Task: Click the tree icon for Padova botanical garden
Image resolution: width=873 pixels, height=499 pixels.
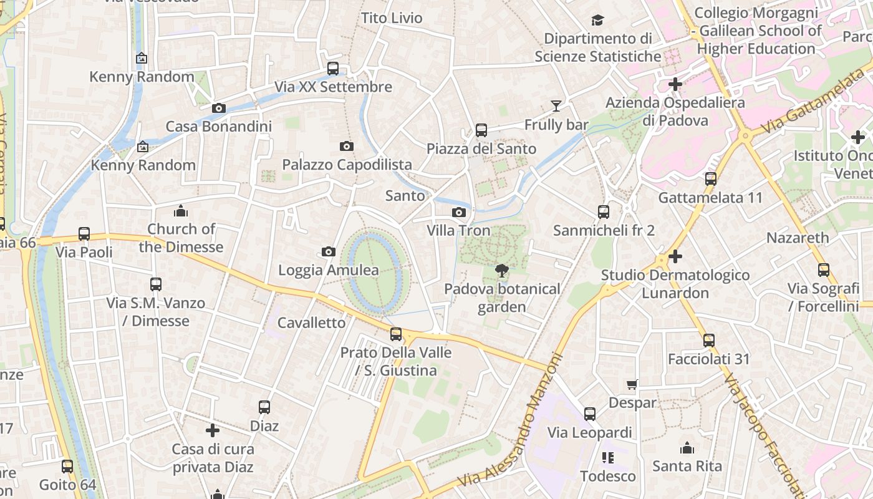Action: tap(501, 270)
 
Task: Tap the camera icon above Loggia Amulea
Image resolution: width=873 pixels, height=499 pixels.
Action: tap(329, 251)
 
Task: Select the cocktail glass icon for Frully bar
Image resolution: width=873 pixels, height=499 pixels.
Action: tap(556, 106)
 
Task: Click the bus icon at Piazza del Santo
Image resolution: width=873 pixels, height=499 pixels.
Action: tap(481, 130)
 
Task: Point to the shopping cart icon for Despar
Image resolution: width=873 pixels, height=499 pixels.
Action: tap(632, 384)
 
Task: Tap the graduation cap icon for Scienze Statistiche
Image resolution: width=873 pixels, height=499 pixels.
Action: tap(597, 20)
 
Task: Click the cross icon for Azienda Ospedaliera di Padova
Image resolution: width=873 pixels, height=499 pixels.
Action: tap(675, 84)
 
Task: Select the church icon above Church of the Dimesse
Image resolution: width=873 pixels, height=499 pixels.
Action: tap(181, 210)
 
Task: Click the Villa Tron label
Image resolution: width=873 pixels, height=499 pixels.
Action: tap(458, 230)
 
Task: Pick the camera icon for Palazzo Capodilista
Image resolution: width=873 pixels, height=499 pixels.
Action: tap(347, 146)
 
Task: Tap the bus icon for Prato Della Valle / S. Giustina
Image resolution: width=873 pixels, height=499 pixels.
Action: tap(396, 334)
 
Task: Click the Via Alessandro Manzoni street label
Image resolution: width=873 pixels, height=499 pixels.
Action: tap(510, 421)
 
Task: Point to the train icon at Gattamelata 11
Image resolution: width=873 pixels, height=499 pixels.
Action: tap(711, 179)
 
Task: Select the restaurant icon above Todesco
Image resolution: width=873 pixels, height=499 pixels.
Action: tap(608, 458)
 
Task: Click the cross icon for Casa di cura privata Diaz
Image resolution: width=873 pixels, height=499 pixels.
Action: tap(213, 430)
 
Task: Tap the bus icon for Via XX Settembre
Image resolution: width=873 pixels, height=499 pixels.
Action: tap(333, 69)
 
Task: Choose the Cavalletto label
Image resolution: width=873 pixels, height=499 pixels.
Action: tap(311, 322)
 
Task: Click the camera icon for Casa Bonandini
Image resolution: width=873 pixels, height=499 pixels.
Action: tap(218, 108)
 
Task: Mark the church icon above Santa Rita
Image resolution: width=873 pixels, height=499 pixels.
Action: tap(687, 448)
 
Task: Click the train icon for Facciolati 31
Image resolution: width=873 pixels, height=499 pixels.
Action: tap(708, 341)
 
